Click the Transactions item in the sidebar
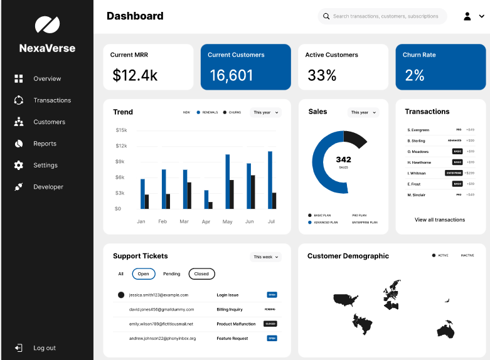[x=52, y=100]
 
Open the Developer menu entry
[x=48, y=187]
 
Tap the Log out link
[x=44, y=348]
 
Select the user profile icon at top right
[x=467, y=16]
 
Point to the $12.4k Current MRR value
[x=135, y=76]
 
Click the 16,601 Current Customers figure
[x=231, y=76]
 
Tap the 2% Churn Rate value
[x=415, y=76]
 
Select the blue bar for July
[x=270, y=180]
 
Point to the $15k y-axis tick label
[x=121, y=130]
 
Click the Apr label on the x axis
[x=206, y=221]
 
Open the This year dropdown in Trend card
[x=265, y=113]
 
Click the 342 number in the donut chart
[x=343, y=159]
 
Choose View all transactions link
[x=440, y=220]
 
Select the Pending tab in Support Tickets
[x=171, y=274]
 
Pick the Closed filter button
[x=201, y=274]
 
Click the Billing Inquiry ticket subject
[x=230, y=309]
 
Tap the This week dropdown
[x=266, y=257]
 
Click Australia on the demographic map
[x=446, y=330]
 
